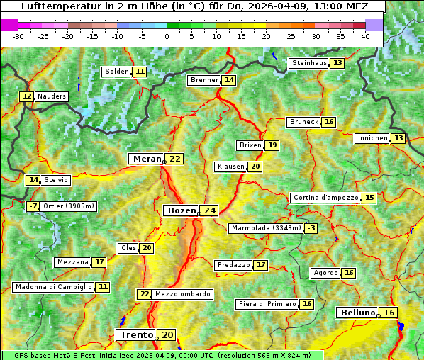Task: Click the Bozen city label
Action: [182, 210]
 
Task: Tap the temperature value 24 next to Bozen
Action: [209, 210]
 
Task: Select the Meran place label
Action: [146, 159]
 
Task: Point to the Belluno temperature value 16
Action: [389, 313]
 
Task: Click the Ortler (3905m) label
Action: [69, 206]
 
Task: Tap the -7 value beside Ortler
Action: [33, 206]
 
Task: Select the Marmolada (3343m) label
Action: [266, 228]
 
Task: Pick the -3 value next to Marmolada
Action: [311, 228]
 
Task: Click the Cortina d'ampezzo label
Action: [325, 198]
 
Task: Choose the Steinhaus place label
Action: [309, 63]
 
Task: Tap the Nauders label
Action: [52, 96]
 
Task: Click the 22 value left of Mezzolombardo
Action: [144, 294]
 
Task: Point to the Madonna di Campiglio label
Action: [53, 287]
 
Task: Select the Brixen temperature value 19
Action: [272, 145]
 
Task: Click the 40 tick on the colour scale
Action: [365, 35]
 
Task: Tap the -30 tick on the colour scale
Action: [18, 35]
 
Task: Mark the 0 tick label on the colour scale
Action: [167, 35]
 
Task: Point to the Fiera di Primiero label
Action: [267, 304]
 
